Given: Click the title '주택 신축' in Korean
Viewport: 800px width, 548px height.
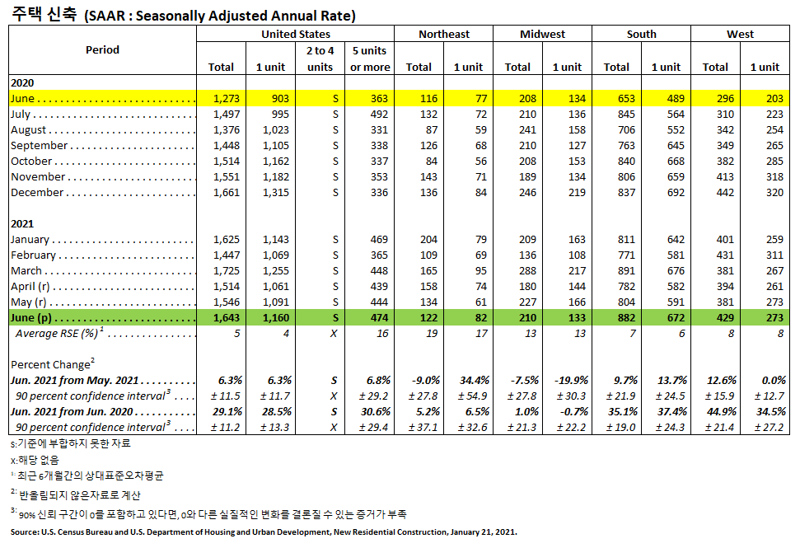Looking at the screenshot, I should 43,14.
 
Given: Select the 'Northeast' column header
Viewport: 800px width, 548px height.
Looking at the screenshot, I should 443,34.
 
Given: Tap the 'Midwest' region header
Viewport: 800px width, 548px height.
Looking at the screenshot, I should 542,34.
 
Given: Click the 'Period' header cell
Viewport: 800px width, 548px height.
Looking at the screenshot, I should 102,50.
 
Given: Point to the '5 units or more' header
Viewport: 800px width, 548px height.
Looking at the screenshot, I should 370,59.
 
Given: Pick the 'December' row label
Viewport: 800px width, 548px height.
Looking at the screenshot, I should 37,193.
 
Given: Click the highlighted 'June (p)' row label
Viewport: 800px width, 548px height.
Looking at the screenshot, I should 33,317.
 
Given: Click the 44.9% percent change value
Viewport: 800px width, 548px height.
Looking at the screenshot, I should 715,411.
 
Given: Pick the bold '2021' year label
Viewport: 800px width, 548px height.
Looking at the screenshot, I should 23,223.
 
